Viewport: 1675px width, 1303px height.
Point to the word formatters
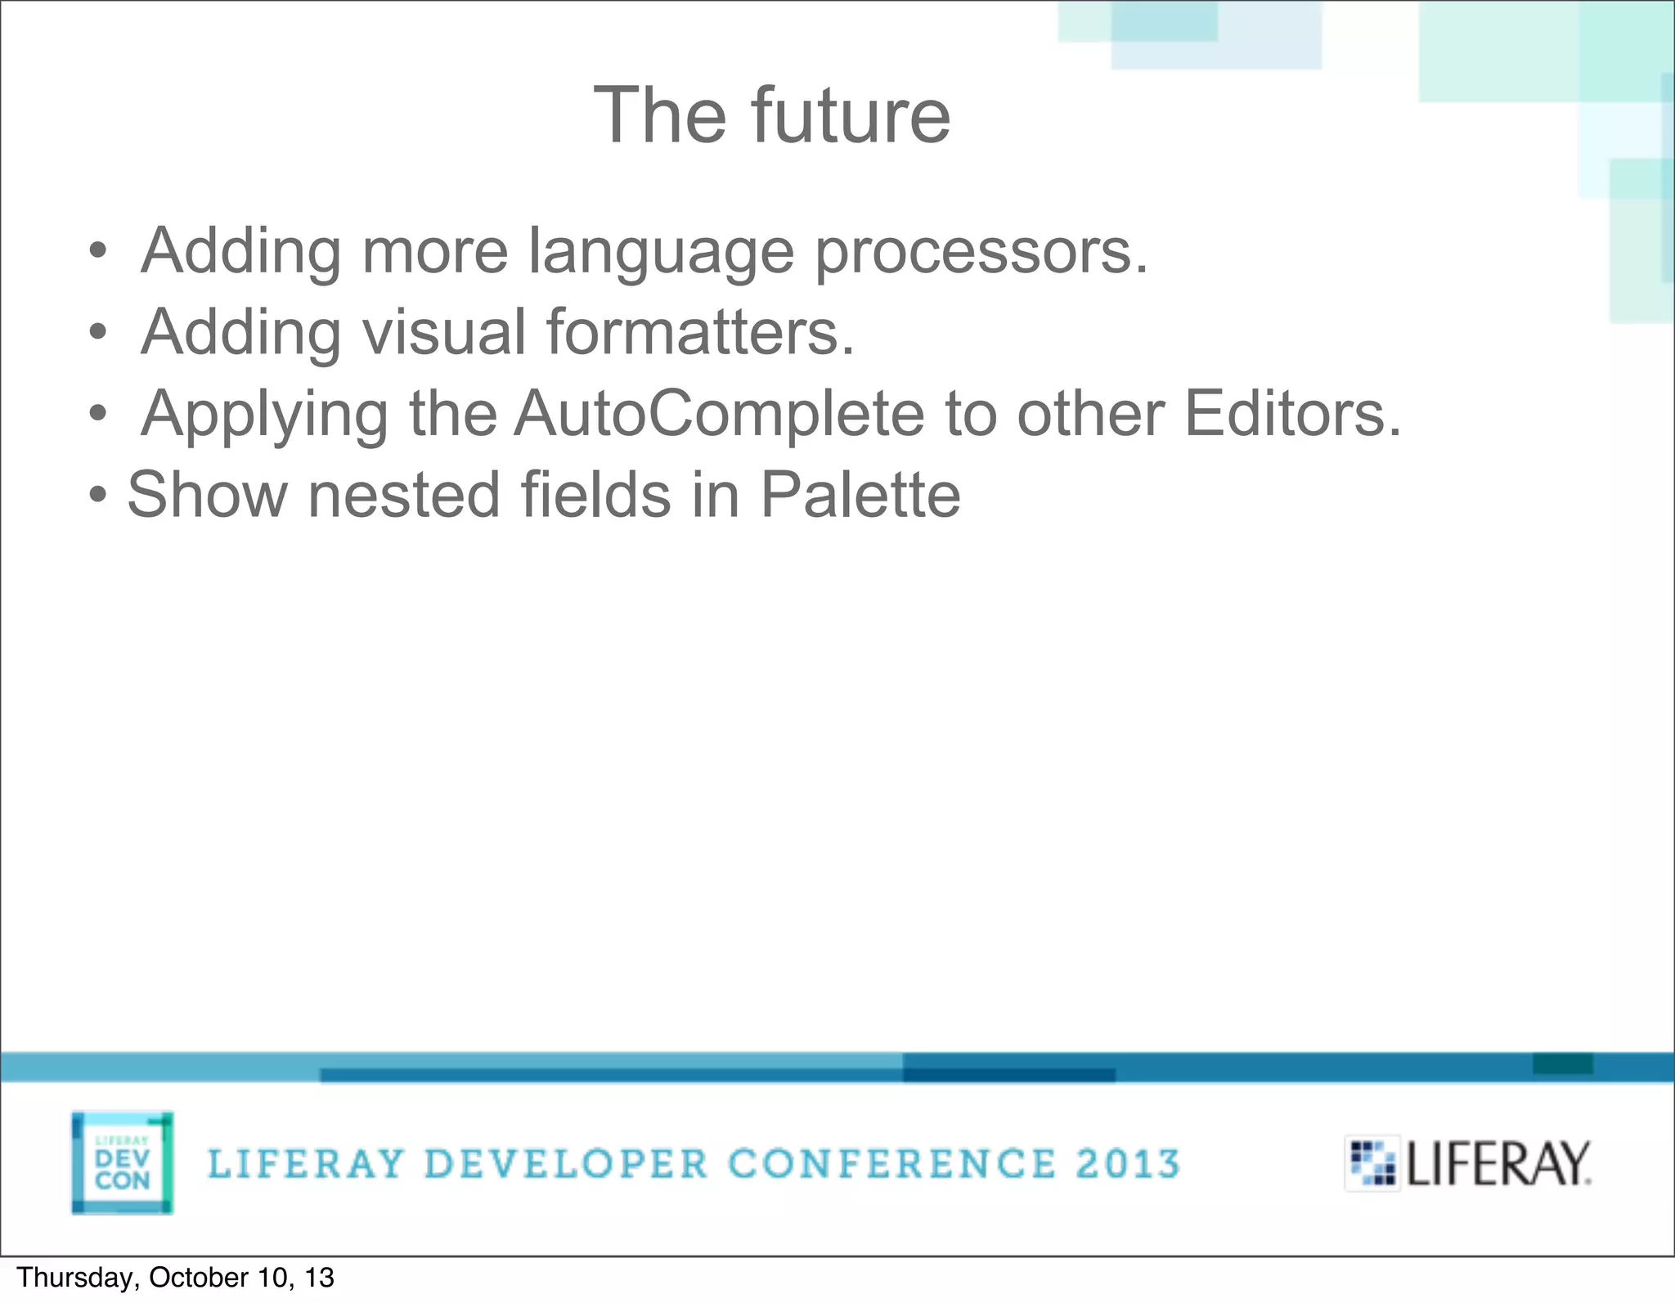[700, 332]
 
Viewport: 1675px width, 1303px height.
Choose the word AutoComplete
[719, 413]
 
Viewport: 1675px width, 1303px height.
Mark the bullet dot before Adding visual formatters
[98, 333]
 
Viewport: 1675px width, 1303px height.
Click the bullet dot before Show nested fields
[98, 495]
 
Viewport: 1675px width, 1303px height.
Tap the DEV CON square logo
[123, 1162]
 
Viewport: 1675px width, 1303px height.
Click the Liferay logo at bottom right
[1469, 1163]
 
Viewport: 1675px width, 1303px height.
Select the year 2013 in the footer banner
[1128, 1164]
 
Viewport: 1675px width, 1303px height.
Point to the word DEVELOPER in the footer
[566, 1164]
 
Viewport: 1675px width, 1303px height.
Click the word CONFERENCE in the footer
[892, 1164]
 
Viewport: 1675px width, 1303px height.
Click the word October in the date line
[198, 1278]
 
